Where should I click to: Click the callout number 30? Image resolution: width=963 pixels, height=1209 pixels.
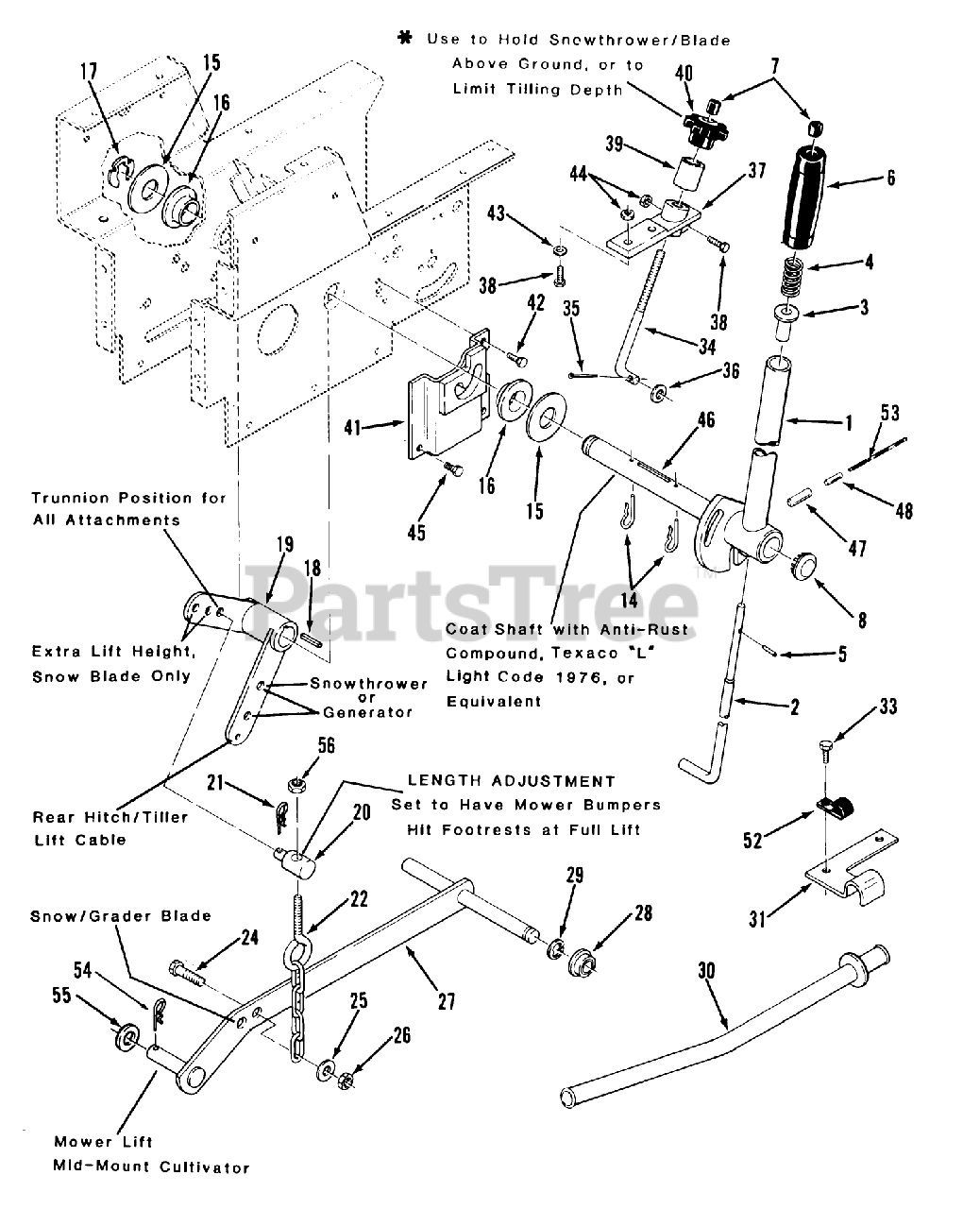tap(709, 970)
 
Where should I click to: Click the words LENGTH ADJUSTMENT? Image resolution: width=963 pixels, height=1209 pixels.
tap(511, 781)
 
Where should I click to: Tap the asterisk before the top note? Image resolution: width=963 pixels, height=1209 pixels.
tap(406, 38)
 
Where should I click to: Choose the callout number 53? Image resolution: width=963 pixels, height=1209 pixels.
tap(889, 413)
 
